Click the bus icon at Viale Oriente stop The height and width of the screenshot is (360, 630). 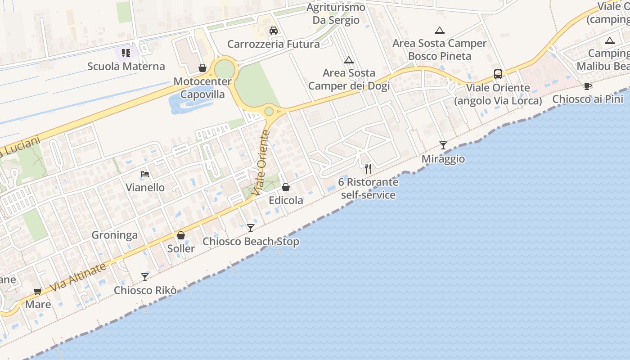498,74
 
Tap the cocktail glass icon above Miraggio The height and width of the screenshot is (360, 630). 443,145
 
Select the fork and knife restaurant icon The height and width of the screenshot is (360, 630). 368,169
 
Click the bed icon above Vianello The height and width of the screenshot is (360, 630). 145,174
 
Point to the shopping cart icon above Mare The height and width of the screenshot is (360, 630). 38,291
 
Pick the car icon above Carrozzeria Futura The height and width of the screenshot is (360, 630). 273,31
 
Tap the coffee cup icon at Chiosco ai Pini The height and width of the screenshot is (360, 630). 588,86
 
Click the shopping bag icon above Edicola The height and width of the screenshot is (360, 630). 286,187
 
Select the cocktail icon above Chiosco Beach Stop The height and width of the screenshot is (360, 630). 251,228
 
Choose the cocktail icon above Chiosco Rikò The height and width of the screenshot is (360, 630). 145,277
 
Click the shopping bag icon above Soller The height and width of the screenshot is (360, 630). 181,235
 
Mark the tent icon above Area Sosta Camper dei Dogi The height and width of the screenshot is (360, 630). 348,60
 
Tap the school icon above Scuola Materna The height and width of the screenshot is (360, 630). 126,53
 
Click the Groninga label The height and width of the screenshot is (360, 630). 114,235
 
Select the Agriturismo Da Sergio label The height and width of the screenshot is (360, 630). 336,14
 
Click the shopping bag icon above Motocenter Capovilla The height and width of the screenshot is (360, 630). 202,68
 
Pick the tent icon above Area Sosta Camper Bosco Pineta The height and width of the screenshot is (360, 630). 440,31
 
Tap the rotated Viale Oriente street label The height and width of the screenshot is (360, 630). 262,162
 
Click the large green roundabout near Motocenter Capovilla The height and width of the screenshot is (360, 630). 225,69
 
